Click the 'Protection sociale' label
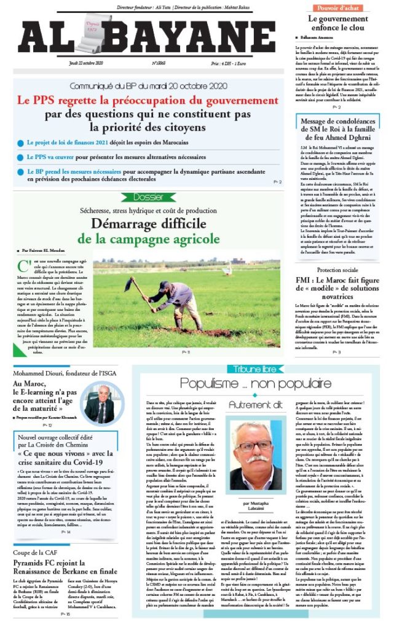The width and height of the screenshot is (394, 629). pyautogui.click(x=342, y=270)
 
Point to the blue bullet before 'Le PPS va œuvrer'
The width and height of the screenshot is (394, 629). pyautogui.click(x=21, y=157)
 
